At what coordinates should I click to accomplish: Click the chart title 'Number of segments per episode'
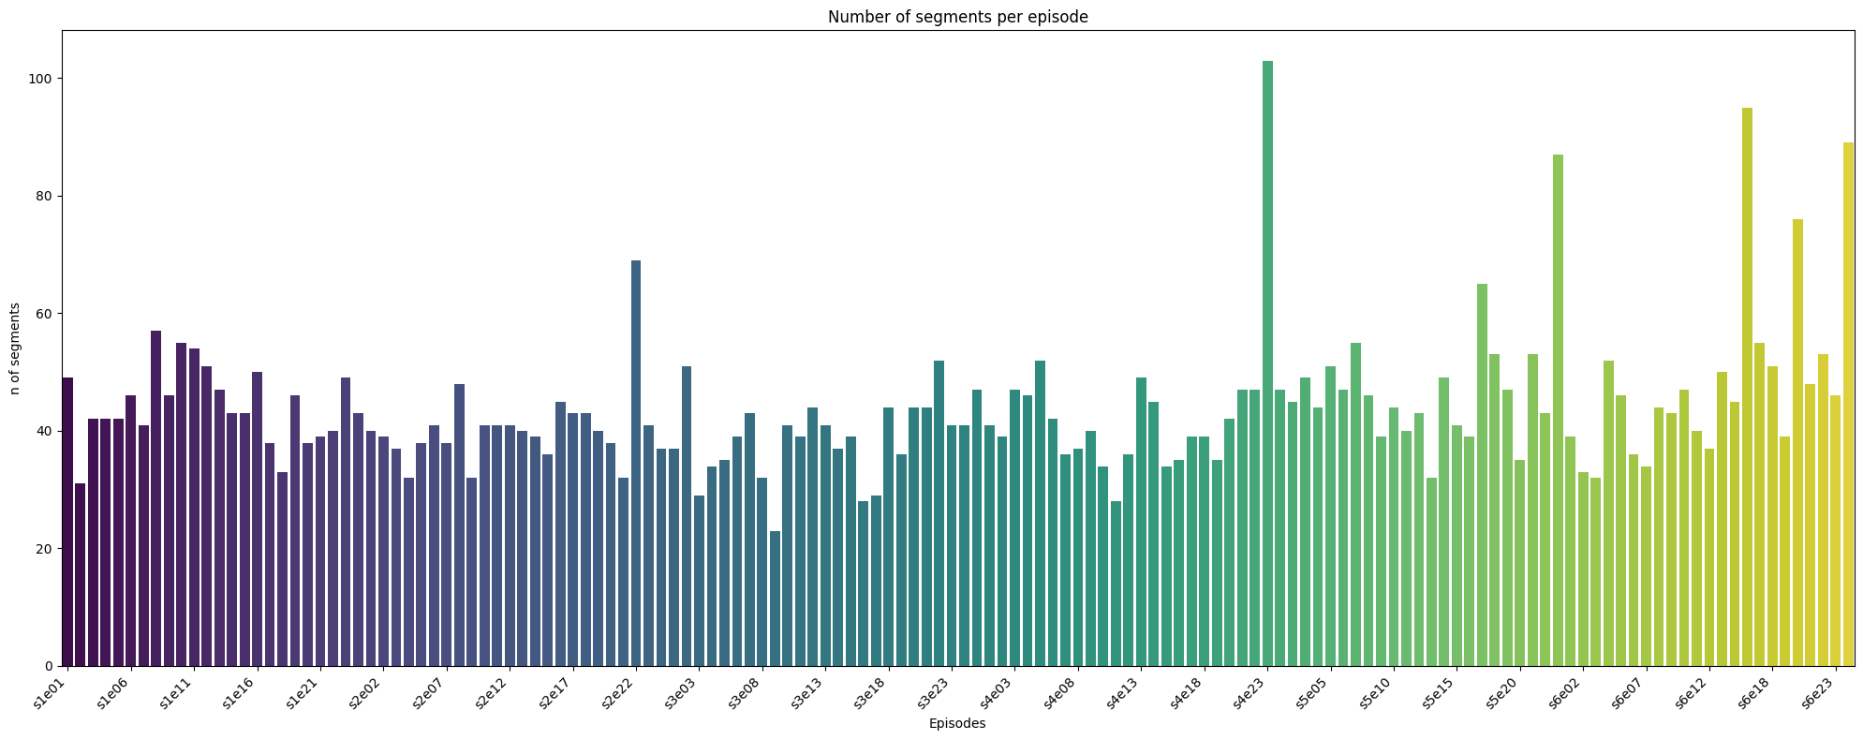click(x=957, y=17)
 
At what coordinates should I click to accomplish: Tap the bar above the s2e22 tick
click(x=636, y=463)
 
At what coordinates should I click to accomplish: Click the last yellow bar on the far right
click(x=1848, y=404)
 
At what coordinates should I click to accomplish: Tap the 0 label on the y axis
click(x=50, y=666)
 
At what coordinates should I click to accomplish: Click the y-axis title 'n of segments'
click(x=16, y=348)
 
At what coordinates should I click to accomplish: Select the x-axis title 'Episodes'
click(x=957, y=723)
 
